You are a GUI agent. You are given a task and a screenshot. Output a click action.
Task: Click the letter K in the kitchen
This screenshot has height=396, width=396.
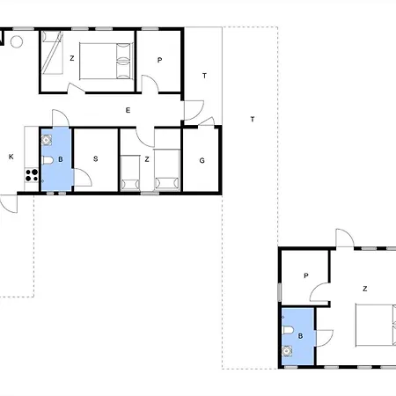(x=11, y=157)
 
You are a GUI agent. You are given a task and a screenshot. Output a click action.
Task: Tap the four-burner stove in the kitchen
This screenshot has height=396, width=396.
(x=32, y=175)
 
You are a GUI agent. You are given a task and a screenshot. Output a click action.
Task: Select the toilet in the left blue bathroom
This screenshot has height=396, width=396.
(x=48, y=160)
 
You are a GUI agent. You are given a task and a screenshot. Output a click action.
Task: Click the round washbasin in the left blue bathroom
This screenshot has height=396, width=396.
(x=47, y=140)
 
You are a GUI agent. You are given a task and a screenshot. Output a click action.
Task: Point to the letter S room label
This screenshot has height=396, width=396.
(x=95, y=158)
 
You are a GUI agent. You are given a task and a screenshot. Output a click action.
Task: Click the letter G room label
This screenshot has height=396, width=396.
(x=202, y=160)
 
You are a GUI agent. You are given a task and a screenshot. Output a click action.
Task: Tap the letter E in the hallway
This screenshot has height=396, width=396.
(x=128, y=110)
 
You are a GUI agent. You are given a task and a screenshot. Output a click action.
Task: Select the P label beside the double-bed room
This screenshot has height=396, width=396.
(x=159, y=60)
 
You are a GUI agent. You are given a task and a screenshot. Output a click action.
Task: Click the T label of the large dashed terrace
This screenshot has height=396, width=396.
(x=253, y=119)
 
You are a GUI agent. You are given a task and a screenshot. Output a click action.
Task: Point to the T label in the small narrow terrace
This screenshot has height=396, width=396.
(x=204, y=76)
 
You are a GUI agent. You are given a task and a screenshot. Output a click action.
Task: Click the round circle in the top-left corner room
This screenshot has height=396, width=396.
(x=17, y=41)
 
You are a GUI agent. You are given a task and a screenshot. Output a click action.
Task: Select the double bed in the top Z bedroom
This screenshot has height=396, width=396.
(x=106, y=61)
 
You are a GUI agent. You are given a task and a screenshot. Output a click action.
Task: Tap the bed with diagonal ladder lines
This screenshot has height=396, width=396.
(x=52, y=53)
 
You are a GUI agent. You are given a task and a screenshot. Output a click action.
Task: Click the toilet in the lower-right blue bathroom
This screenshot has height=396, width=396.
(x=288, y=330)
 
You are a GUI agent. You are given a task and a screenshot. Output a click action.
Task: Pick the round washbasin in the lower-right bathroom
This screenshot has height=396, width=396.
(x=287, y=351)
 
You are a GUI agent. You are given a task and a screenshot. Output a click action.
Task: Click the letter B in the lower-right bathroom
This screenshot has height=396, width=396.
(x=300, y=336)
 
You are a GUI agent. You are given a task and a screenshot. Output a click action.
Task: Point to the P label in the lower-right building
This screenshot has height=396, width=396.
(x=306, y=275)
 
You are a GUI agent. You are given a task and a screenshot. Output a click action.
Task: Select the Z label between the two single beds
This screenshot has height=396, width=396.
(x=147, y=159)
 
